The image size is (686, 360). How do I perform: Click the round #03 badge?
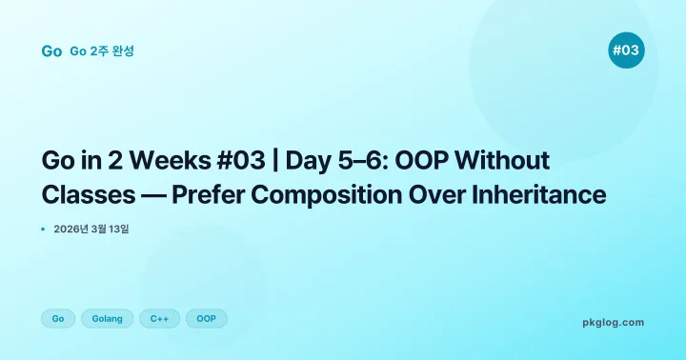(626, 50)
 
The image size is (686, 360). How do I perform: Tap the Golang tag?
(107, 318)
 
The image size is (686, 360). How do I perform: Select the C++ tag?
(159, 318)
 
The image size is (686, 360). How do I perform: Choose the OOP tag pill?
(206, 318)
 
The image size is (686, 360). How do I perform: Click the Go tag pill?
(58, 318)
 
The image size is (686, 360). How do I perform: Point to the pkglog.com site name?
(613, 322)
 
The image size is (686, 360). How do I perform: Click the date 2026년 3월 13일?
(91, 229)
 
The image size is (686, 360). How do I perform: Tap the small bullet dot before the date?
(44, 229)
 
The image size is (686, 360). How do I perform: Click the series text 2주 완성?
(112, 50)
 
